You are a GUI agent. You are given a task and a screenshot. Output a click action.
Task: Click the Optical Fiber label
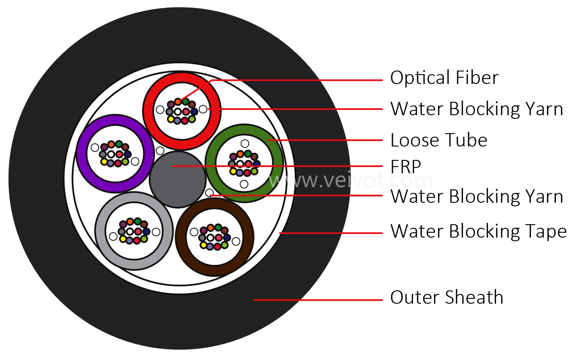tap(444, 78)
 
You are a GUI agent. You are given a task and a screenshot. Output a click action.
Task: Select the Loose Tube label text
tap(439, 140)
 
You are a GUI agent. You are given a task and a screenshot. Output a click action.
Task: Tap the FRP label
tap(405, 167)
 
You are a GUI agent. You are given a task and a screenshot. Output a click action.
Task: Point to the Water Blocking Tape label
tap(478, 231)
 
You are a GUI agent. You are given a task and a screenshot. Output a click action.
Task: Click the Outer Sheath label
tap(447, 297)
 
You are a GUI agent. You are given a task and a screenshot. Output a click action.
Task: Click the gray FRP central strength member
tap(178, 180)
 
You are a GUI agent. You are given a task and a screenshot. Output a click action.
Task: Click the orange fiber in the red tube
tap(178, 102)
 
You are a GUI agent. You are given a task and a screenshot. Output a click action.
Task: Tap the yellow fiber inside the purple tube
tap(104, 162)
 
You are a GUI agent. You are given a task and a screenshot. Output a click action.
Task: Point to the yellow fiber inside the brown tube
tap(203, 245)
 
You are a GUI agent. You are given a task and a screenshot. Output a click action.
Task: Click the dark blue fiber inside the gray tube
tap(146, 231)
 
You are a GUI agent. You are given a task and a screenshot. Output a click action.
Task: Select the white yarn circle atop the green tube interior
tap(245, 143)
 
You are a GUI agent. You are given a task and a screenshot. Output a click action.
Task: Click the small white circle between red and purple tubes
tap(160, 151)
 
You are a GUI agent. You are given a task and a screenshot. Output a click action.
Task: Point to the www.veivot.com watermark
tap(351, 180)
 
